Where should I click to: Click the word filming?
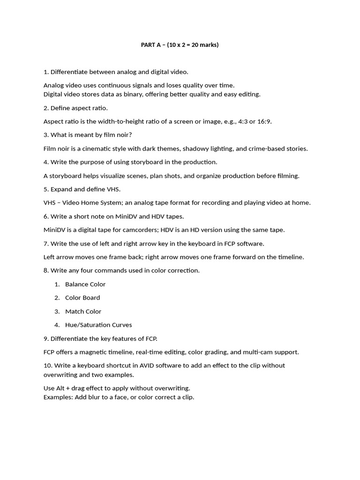pyautogui.click(x=287, y=176)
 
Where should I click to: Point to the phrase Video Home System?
pyautogui.click(x=89, y=203)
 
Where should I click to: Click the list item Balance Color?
pyautogui.click(x=85, y=284)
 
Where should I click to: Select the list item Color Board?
pyautogui.click(x=82, y=298)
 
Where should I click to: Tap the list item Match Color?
pyautogui.click(x=83, y=311)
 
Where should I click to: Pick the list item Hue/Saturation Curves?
pyautogui.click(x=98, y=325)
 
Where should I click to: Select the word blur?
pyautogui.click(x=97, y=397)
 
